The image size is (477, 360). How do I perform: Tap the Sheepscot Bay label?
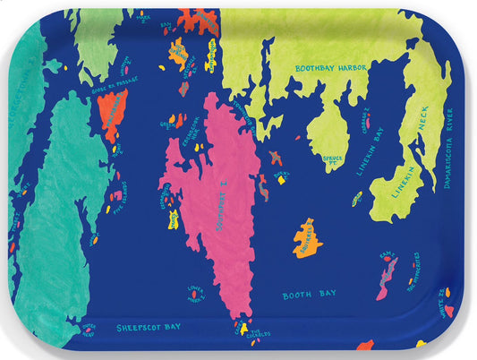(149, 327)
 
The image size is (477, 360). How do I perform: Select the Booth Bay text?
(307, 295)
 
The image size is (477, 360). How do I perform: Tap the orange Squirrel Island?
(307, 239)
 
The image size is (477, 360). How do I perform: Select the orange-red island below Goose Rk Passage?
(112, 115)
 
